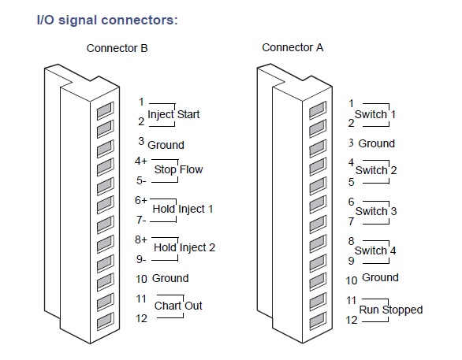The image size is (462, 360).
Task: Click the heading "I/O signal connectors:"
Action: pos(107,20)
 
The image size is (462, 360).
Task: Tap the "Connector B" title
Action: pos(117,48)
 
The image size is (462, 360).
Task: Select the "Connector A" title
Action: pos(292,47)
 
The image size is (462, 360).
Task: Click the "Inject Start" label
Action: pos(173,114)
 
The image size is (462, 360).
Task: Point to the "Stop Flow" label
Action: pos(178,169)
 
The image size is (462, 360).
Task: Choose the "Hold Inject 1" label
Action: pos(183,209)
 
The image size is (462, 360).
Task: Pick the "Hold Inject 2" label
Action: pos(184,247)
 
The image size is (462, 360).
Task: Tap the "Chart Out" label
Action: pos(178,306)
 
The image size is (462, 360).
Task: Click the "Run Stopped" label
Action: pos(391,310)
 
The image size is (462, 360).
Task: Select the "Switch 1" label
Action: pos(375,114)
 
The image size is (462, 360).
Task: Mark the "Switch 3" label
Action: pos(376,211)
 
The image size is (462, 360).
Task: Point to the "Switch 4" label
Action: pos(375,251)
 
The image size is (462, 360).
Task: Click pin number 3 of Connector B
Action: pos(141,141)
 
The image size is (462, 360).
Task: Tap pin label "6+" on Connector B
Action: pos(141,200)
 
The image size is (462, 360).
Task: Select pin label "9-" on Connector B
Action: pos(141,259)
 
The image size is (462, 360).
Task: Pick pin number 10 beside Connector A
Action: pos(352,280)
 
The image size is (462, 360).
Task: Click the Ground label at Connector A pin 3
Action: pos(377,143)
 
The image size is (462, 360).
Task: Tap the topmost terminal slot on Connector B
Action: pos(105,110)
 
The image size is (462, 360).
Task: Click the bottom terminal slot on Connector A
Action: pos(318,321)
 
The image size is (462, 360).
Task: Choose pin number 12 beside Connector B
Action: pos(141,318)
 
